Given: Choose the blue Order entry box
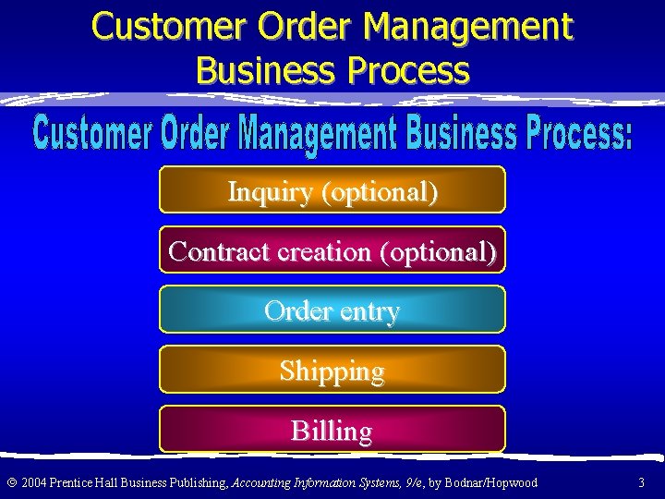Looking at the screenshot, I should (332, 310).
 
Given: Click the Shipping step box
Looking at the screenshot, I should (332, 370).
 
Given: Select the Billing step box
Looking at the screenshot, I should (332, 430).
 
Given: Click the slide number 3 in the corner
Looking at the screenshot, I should (642, 482).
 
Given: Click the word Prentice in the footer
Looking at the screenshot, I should (72, 482).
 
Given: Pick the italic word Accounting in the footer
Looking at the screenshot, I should (260, 482).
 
